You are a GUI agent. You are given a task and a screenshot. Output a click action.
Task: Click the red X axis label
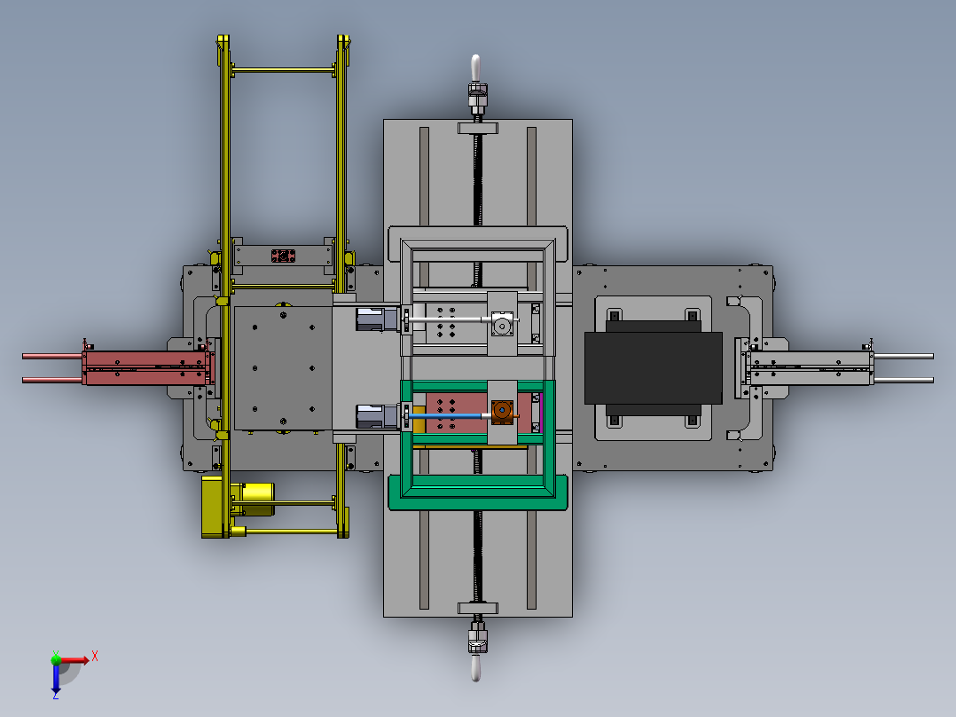pos(95,657)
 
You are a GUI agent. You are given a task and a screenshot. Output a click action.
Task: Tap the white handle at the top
pos(475,67)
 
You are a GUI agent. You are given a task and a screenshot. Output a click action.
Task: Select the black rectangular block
pos(653,368)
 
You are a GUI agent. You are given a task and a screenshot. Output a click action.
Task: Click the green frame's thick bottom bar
pos(478,493)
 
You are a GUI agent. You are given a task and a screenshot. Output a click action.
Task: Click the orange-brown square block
pos(502,411)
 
